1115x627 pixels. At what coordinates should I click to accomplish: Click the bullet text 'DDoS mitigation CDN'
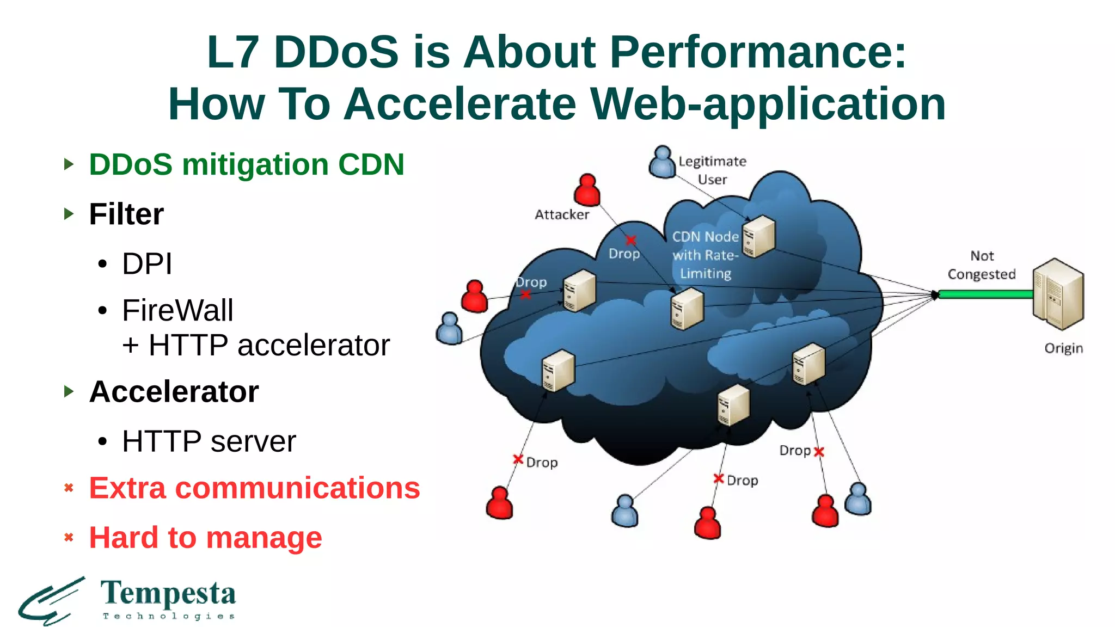click(247, 164)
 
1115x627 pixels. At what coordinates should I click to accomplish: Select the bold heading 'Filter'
click(126, 214)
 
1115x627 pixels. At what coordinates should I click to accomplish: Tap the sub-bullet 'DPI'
click(147, 264)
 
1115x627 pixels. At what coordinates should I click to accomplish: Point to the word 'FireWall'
click(177, 310)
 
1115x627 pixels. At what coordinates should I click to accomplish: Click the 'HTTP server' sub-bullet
click(209, 441)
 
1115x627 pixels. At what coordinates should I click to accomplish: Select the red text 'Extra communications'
click(254, 488)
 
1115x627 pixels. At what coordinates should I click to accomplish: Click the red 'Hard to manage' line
click(205, 538)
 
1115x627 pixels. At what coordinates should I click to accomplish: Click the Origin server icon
click(1058, 294)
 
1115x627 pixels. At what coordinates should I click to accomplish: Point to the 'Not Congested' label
click(982, 265)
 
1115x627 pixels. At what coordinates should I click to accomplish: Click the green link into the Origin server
click(985, 294)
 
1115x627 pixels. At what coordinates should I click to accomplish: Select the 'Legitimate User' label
click(712, 170)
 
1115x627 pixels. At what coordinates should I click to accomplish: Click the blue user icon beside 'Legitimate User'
click(662, 162)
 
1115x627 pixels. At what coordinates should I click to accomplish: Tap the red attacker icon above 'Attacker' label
click(587, 190)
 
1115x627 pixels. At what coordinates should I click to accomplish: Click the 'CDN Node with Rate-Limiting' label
click(705, 255)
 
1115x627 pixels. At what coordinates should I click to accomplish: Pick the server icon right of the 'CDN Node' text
click(759, 237)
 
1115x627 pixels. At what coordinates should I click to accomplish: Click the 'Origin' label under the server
click(1063, 348)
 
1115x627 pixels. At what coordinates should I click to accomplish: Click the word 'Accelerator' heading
click(174, 391)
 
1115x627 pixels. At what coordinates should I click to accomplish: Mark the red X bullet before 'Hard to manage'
click(69, 538)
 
